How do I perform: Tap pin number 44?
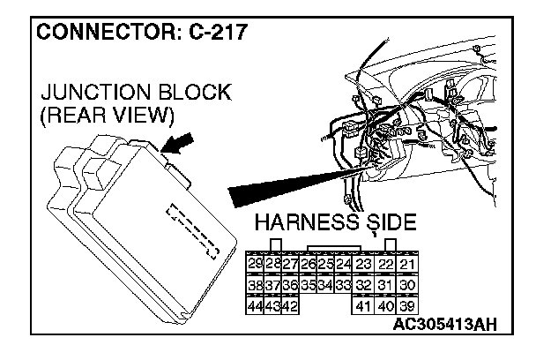[256, 305]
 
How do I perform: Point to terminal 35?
[308, 286]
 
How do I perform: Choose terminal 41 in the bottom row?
[363, 305]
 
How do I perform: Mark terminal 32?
[363, 286]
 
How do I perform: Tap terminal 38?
[256, 286]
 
